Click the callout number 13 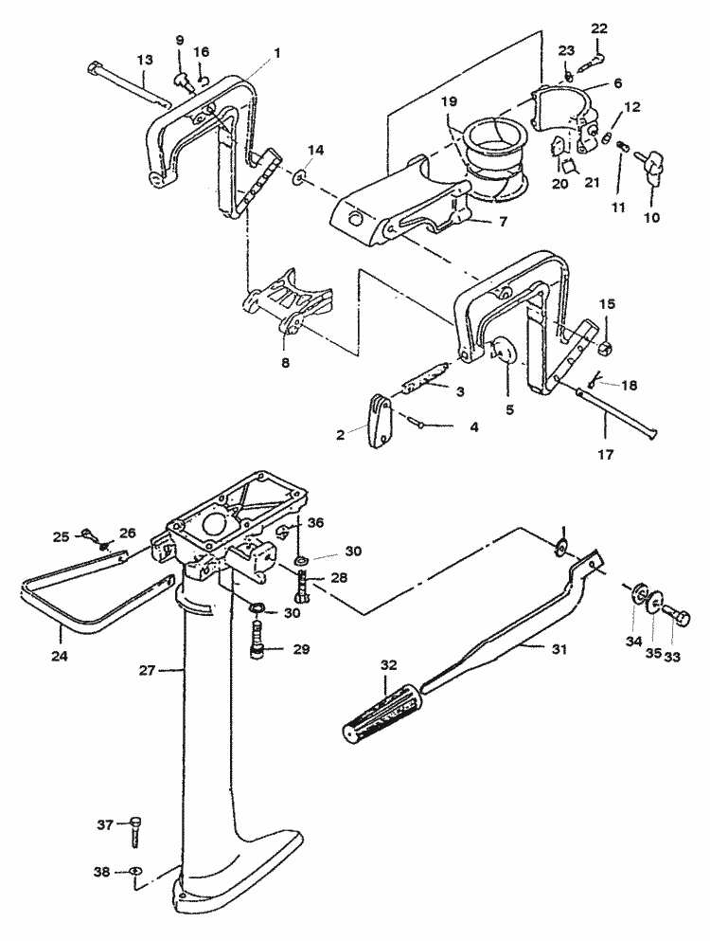pyautogui.click(x=144, y=59)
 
